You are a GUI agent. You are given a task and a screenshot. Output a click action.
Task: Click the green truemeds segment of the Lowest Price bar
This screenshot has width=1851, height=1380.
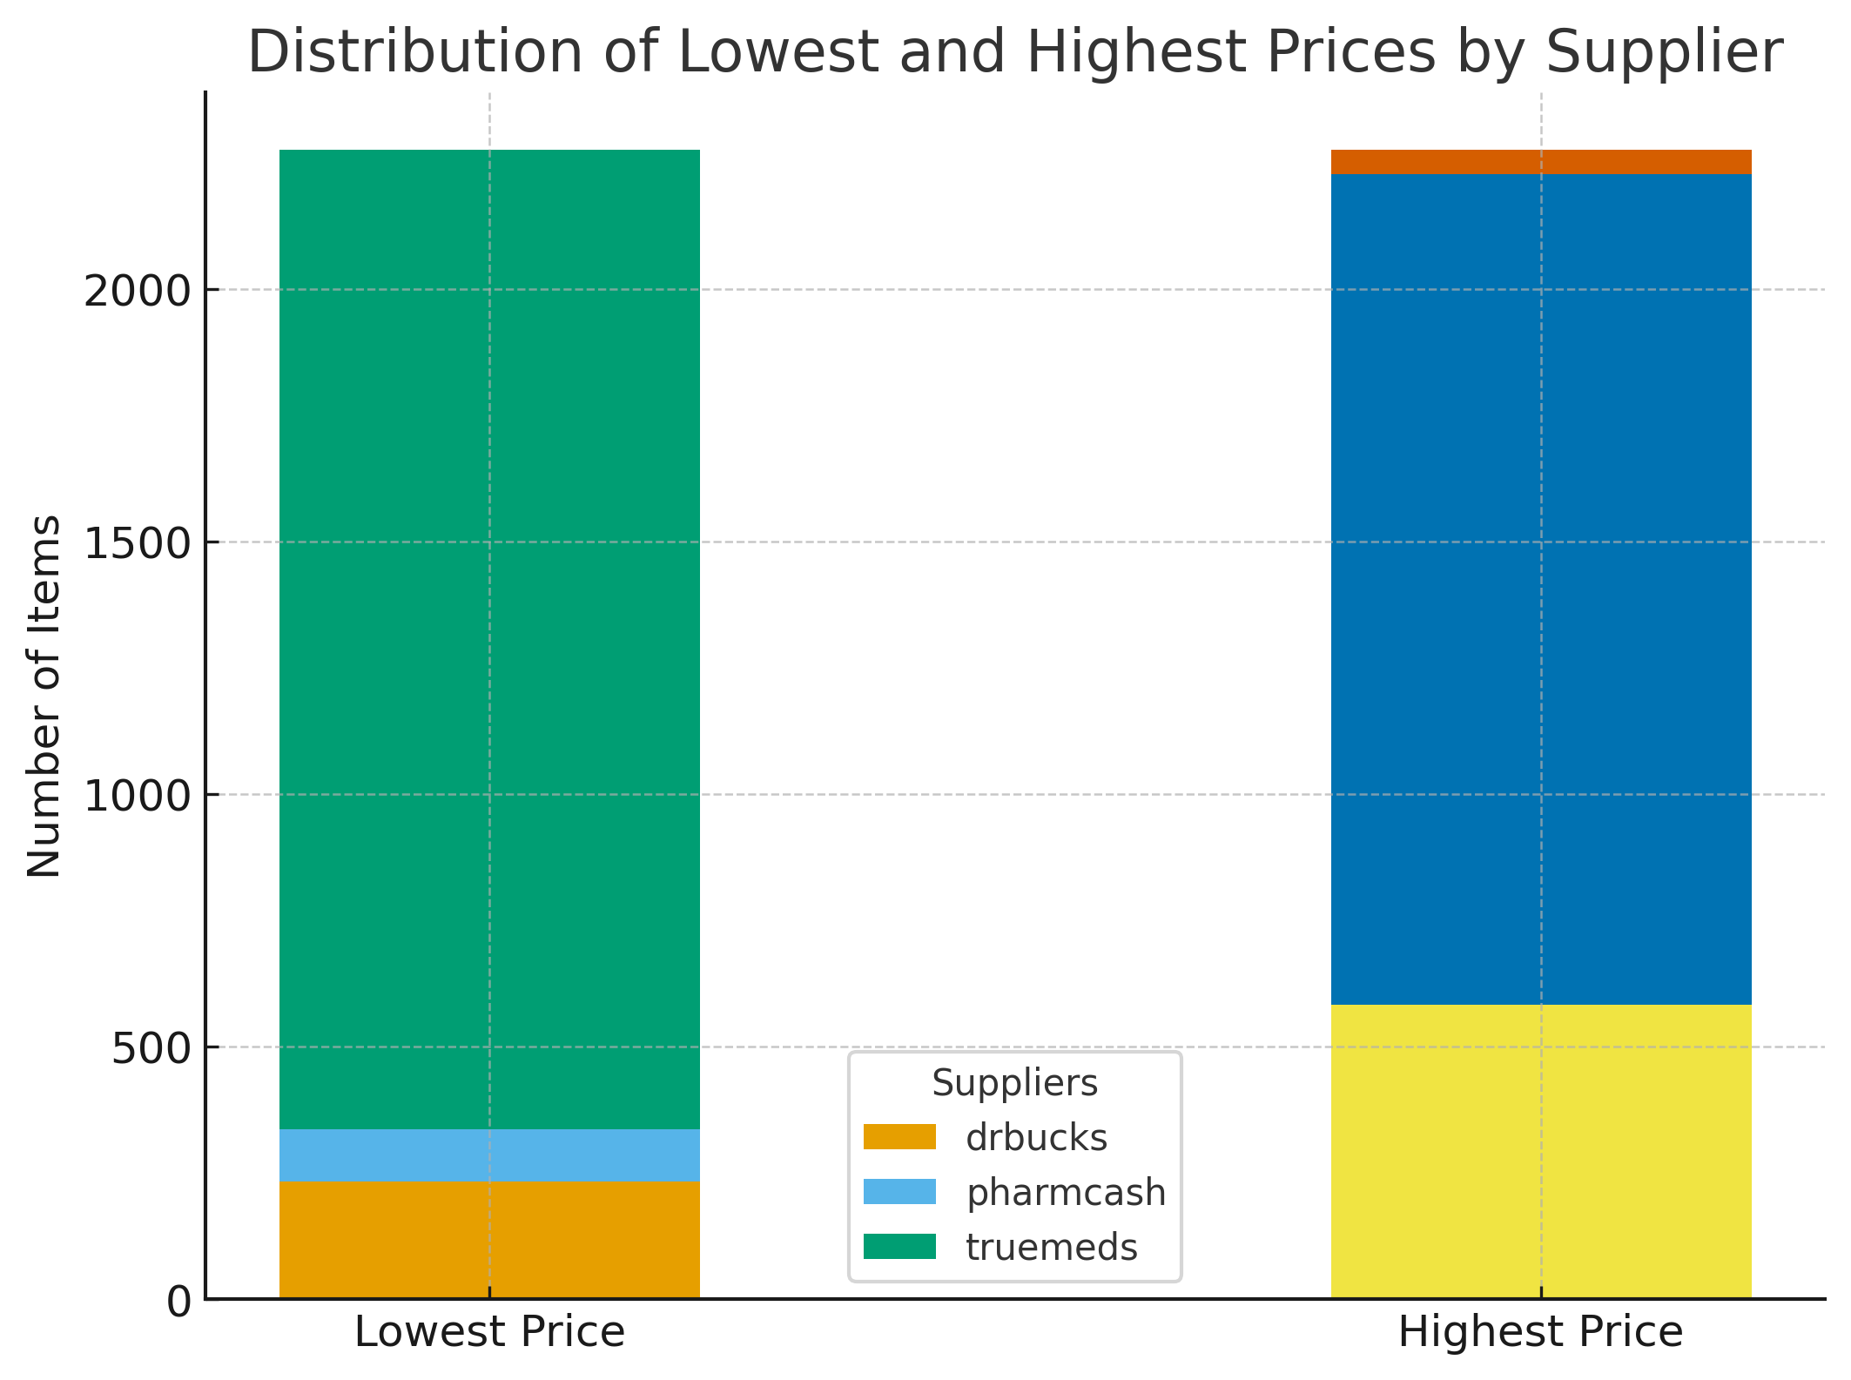coord(489,640)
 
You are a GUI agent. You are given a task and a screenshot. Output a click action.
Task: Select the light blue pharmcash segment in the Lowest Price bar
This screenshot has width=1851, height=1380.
coord(489,1155)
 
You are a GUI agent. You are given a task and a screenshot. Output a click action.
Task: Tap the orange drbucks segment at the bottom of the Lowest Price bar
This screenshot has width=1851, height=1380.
coord(489,1240)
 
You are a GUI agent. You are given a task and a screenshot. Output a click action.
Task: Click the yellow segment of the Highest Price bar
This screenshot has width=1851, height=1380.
coord(1541,1151)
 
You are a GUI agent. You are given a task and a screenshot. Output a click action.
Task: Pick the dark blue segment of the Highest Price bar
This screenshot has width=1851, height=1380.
coord(1541,589)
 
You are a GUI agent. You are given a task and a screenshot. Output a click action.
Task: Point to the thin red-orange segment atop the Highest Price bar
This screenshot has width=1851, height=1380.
coord(1541,162)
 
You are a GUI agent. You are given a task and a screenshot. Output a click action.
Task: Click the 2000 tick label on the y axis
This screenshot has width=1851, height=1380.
coord(137,291)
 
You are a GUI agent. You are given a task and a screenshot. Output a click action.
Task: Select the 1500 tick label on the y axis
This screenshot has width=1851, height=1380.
coord(137,543)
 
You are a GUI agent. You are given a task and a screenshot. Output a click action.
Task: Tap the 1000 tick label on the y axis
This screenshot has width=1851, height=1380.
coord(137,796)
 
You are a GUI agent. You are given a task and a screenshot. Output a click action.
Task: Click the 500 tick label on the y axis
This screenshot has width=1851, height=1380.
coord(151,1048)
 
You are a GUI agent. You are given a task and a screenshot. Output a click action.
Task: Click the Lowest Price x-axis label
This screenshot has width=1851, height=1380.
coord(489,1332)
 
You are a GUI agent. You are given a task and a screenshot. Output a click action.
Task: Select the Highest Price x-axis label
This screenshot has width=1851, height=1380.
coord(1540,1332)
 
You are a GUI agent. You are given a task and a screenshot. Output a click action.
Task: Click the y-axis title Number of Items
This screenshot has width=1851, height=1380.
coord(44,697)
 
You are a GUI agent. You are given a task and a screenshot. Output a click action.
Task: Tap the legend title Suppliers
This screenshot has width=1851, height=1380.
coord(1014,1083)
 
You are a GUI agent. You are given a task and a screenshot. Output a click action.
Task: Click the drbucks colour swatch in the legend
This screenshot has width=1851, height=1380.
coord(899,1137)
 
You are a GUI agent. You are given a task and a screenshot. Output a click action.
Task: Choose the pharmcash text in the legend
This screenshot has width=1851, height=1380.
coord(1066,1192)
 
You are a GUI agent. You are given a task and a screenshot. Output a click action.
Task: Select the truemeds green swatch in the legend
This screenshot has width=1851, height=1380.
coord(899,1247)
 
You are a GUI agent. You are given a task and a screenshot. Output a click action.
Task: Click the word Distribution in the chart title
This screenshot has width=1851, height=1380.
coord(416,52)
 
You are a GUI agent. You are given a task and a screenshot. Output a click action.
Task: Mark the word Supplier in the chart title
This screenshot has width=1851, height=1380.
coord(1664,52)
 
